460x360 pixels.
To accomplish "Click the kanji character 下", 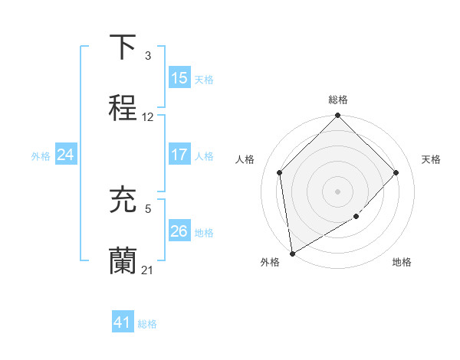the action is click(x=123, y=47).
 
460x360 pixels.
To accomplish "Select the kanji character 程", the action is click(x=123, y=109).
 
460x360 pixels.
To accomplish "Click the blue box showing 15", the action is click(x=179, y=78).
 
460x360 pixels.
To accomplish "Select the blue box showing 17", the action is click(x=179, y=155).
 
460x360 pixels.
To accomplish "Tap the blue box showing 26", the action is click(x=179, y=231).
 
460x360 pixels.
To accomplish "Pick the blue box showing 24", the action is click(x=66, y=155).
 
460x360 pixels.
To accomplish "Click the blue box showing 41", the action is click(x=123, y=323).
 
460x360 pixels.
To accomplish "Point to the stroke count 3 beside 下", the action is click(x=148, y=56).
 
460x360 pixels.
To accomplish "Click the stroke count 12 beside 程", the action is click(x=148, y=117).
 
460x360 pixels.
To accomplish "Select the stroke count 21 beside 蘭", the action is click(x=148, y=270).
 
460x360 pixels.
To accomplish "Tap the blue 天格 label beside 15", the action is click(x=204, y=79).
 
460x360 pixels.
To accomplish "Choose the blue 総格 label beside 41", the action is click(x=147, y=324).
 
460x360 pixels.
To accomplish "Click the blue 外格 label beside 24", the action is click(x=41, y=155).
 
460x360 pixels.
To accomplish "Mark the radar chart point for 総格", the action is click(x=337, y=116).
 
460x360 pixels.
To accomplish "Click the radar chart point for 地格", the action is click(x=356, y=217).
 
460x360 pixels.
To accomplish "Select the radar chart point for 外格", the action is click(x=292, y=253).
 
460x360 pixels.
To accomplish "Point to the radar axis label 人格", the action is click(x=245, y=159).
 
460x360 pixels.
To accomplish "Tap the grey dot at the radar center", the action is click(x=337, y=191).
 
